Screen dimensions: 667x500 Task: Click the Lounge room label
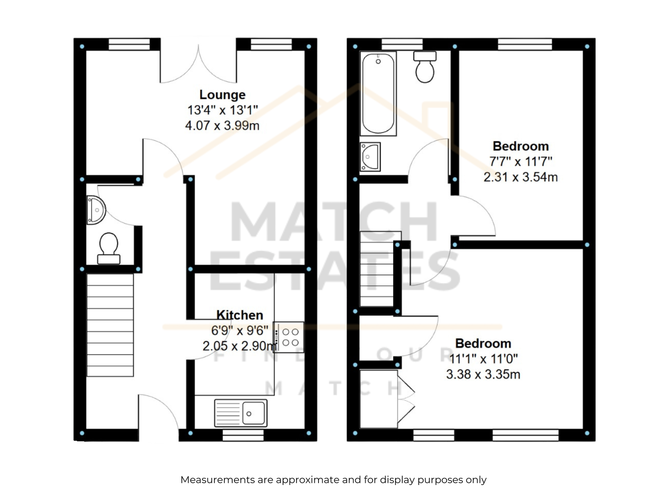click(x=222, y=95)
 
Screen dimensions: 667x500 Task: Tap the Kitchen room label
click(x=239, y=315)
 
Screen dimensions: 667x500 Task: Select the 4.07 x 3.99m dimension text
click(x=222, y=125)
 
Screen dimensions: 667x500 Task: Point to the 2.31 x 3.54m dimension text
click(x=521, y=177)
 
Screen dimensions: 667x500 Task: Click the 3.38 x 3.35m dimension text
click(x=483, y=374)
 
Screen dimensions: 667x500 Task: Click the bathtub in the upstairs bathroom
click(x=378, y=93)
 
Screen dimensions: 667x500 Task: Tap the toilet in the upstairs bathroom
click(x=425, y=67)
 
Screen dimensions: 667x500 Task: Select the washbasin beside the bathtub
click(x=370, y=157)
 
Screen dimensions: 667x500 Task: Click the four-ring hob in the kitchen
click(x=288, y=337)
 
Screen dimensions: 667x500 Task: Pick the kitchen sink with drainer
click(x=241, y=413)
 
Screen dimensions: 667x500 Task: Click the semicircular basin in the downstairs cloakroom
click(x=96, y=210)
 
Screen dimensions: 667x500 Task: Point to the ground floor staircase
click(x=110, y=325)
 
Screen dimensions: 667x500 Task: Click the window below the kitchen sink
click(x=243, y=435)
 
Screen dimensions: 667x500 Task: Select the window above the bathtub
click(x=402, y=44)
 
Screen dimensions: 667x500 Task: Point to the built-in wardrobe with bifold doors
click(x=386, y=399)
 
